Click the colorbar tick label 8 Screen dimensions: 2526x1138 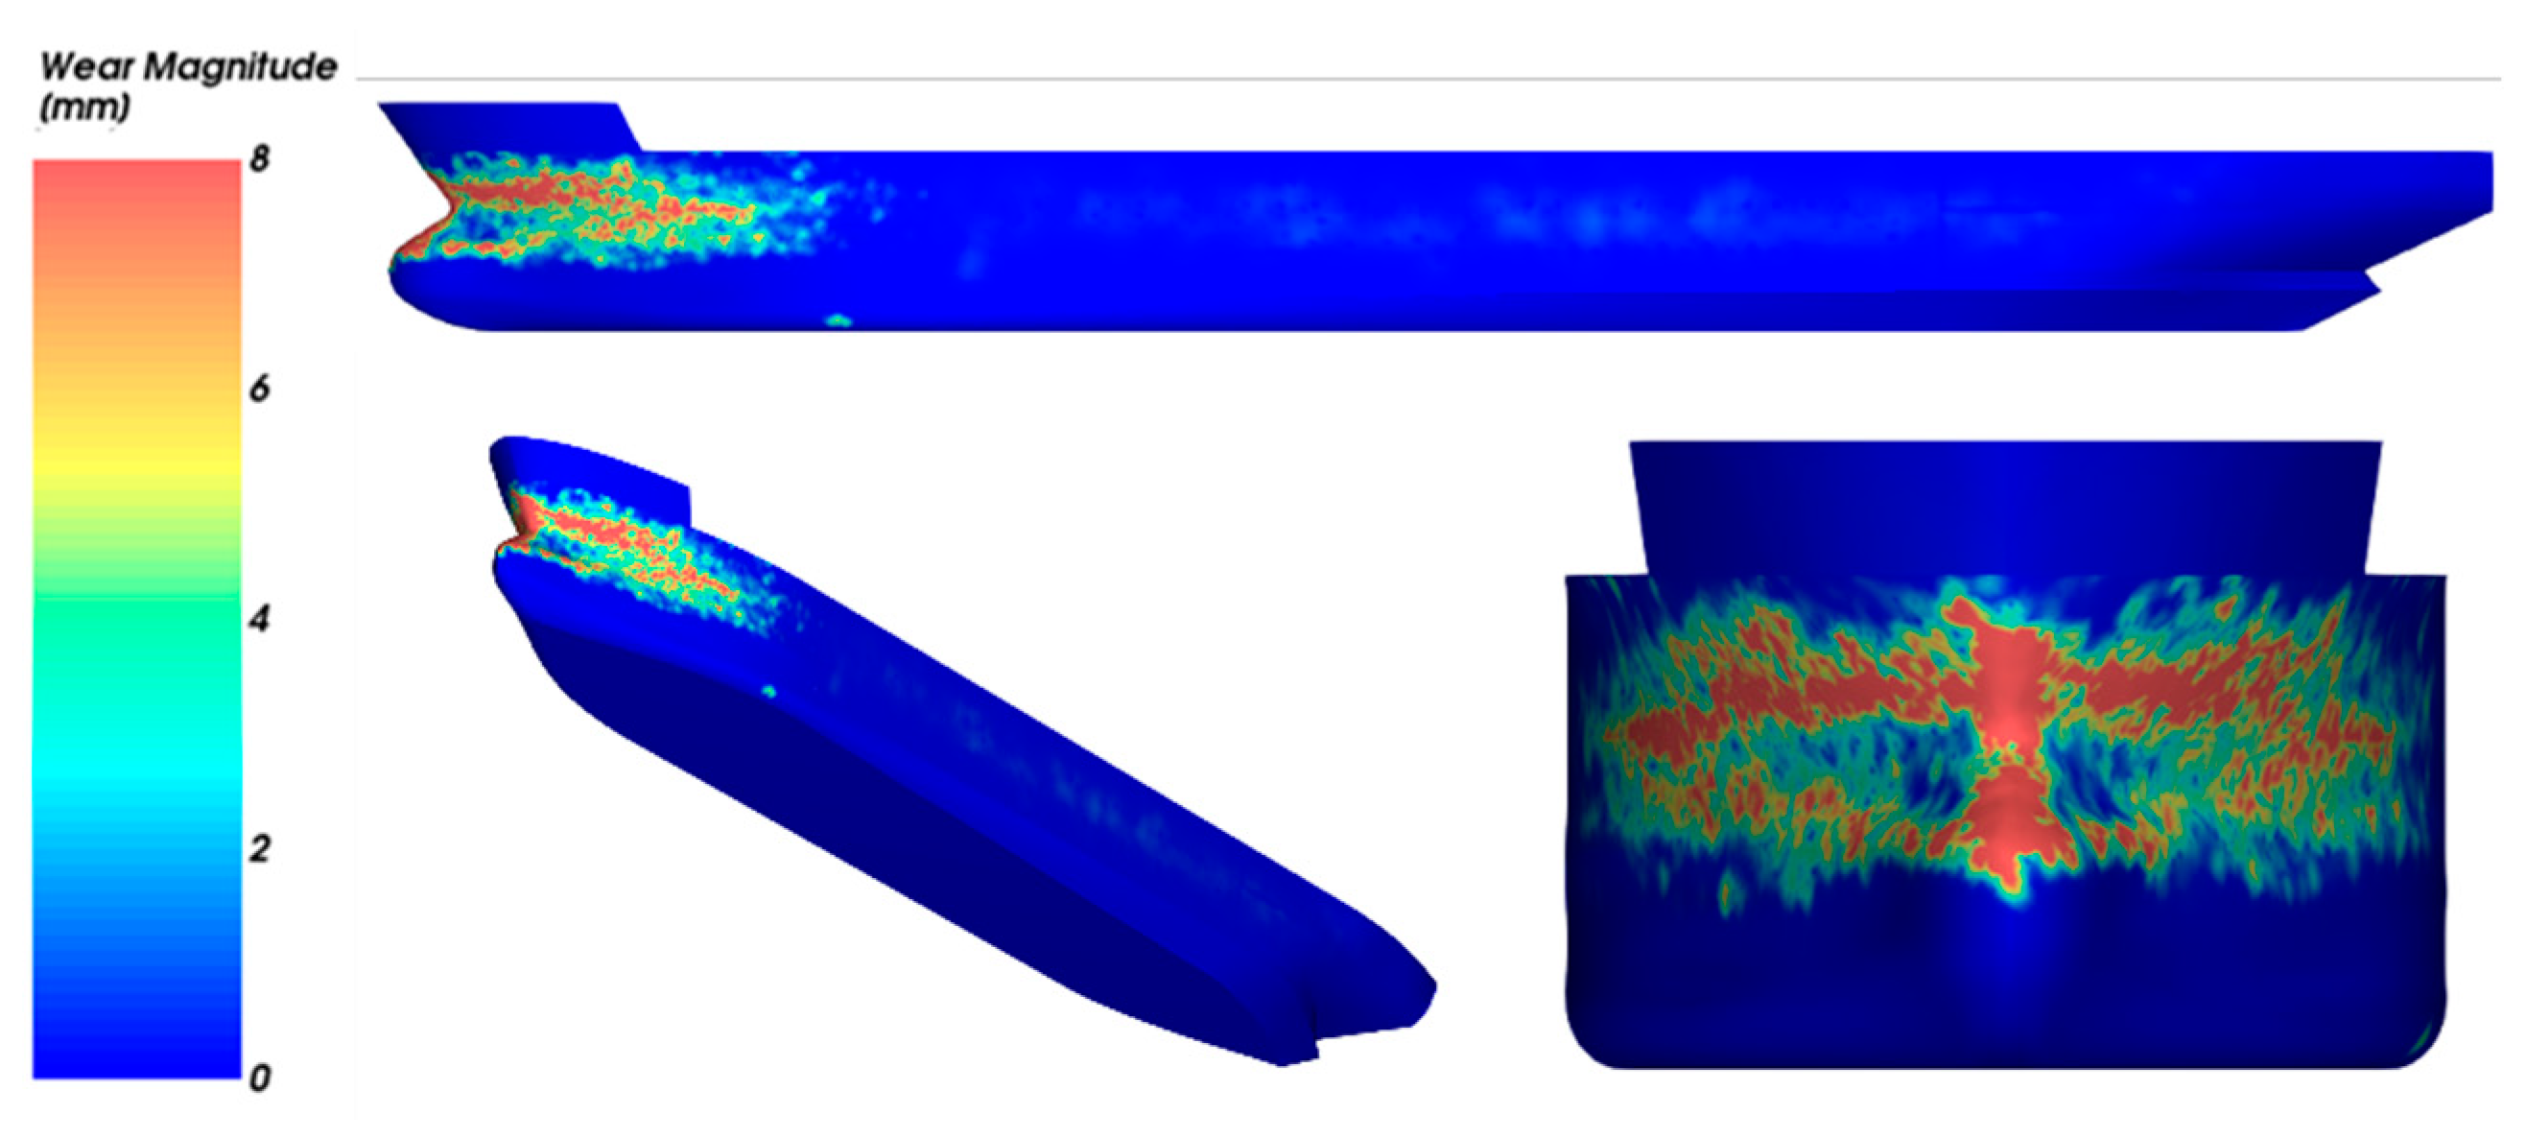click(x=259, y=158)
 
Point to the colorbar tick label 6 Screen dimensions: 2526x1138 click(x=259, y=389)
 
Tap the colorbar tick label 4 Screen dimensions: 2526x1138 click(x=259, y=619)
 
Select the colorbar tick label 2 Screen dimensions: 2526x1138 click(x=259, y=848)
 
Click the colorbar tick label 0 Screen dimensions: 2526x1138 click(x=259, y=1079)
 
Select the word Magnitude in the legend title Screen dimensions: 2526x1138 click(x=243, y=67)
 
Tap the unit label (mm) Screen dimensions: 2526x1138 click(x=84, y=106)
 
